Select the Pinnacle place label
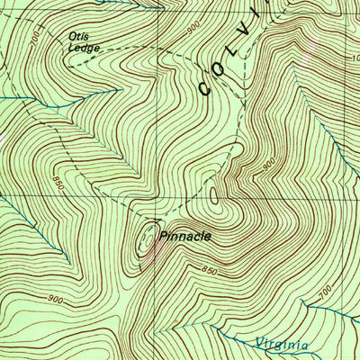pyautogui.click(x=184, y=236)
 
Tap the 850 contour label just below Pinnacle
pyautogui.click(x=209, y=270)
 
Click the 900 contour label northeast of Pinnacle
pyautogui.click(x=268, y=165)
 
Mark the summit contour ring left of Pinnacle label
pyautogui.click(x=144, y=239)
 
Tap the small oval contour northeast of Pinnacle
pyautogui.click(x=213, y=193)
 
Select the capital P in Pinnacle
pyautogui.click(x=162, y=236)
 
